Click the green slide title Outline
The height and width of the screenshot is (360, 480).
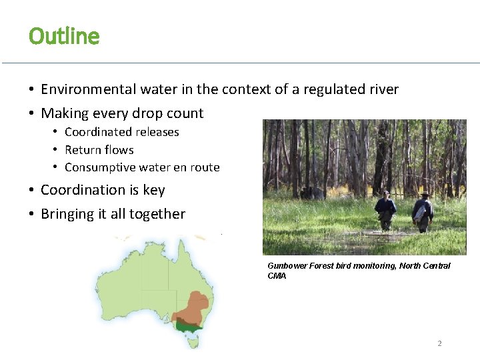pyautogui.click(x=64, y=36)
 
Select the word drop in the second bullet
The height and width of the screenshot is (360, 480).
pyautogui.click(x=150, y=113)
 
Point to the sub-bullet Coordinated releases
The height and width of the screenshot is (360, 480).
pyautogui.click(x=121, y=132)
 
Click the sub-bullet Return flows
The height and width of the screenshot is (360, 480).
pyautogui.click(x=99, y=150)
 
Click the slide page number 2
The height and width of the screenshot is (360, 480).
pyautogui.click(x=439, y=343)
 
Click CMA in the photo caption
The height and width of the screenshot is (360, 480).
pyautogui.click(x=277, y=275)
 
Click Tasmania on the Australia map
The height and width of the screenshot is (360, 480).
pyautogui.click(x=193, y=343)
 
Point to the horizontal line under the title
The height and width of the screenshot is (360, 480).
pyautogui.click(x=240, y=63)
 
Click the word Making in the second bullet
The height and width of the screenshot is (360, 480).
pyautogui.click(x=65, y=113)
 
